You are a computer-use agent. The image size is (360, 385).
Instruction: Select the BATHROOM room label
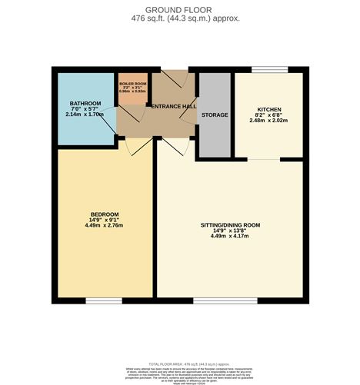[83, 103]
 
